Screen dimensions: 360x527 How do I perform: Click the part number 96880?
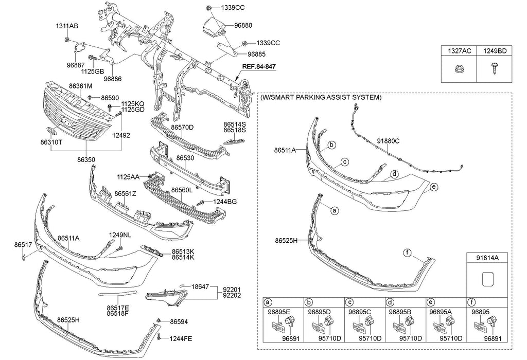[243, 25]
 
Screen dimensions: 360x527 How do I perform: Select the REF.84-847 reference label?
[260, 67]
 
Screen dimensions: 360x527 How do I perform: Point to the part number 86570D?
[182, 127]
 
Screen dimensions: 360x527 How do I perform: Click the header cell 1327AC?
[459, 50]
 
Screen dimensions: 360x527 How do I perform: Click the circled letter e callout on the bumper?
[434, 187]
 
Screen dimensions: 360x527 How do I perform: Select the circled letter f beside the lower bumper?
[407, 253]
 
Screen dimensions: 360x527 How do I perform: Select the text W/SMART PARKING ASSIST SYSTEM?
[321, 97]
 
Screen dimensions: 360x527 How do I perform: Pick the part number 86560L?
[182, 190]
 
